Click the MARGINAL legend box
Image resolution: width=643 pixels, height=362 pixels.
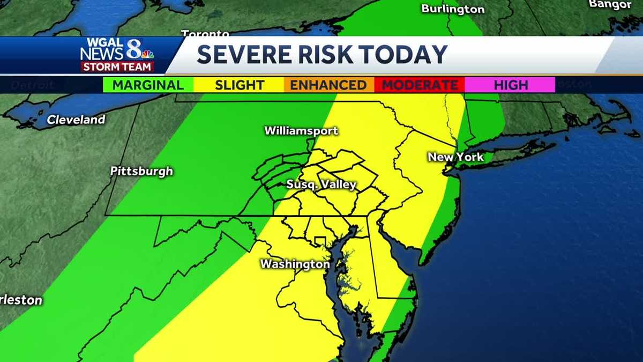pos(148,85)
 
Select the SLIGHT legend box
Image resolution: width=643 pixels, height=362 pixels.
pos(240,85)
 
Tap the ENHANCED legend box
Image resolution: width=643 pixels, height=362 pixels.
pos(328,85)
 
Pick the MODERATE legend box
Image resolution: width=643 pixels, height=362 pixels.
pos(420,85)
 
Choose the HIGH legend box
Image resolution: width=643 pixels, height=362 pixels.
pos(510,85)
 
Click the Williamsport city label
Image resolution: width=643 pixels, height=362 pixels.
pos(301,131)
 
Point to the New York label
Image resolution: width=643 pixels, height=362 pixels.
pos(455,157)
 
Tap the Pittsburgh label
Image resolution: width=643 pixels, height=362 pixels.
pos(141,172)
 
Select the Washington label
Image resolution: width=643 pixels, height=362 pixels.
pos(295,264)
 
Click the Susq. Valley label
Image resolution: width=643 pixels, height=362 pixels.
pos(321,185)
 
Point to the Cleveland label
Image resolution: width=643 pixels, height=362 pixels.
pos(76,120)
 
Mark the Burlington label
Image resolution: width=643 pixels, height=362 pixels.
pos(453,9)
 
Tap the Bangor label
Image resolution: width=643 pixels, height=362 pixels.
pos(610,4)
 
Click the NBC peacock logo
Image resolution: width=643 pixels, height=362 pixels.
pos(147,54)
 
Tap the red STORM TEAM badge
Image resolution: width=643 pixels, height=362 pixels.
pos(117,67)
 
